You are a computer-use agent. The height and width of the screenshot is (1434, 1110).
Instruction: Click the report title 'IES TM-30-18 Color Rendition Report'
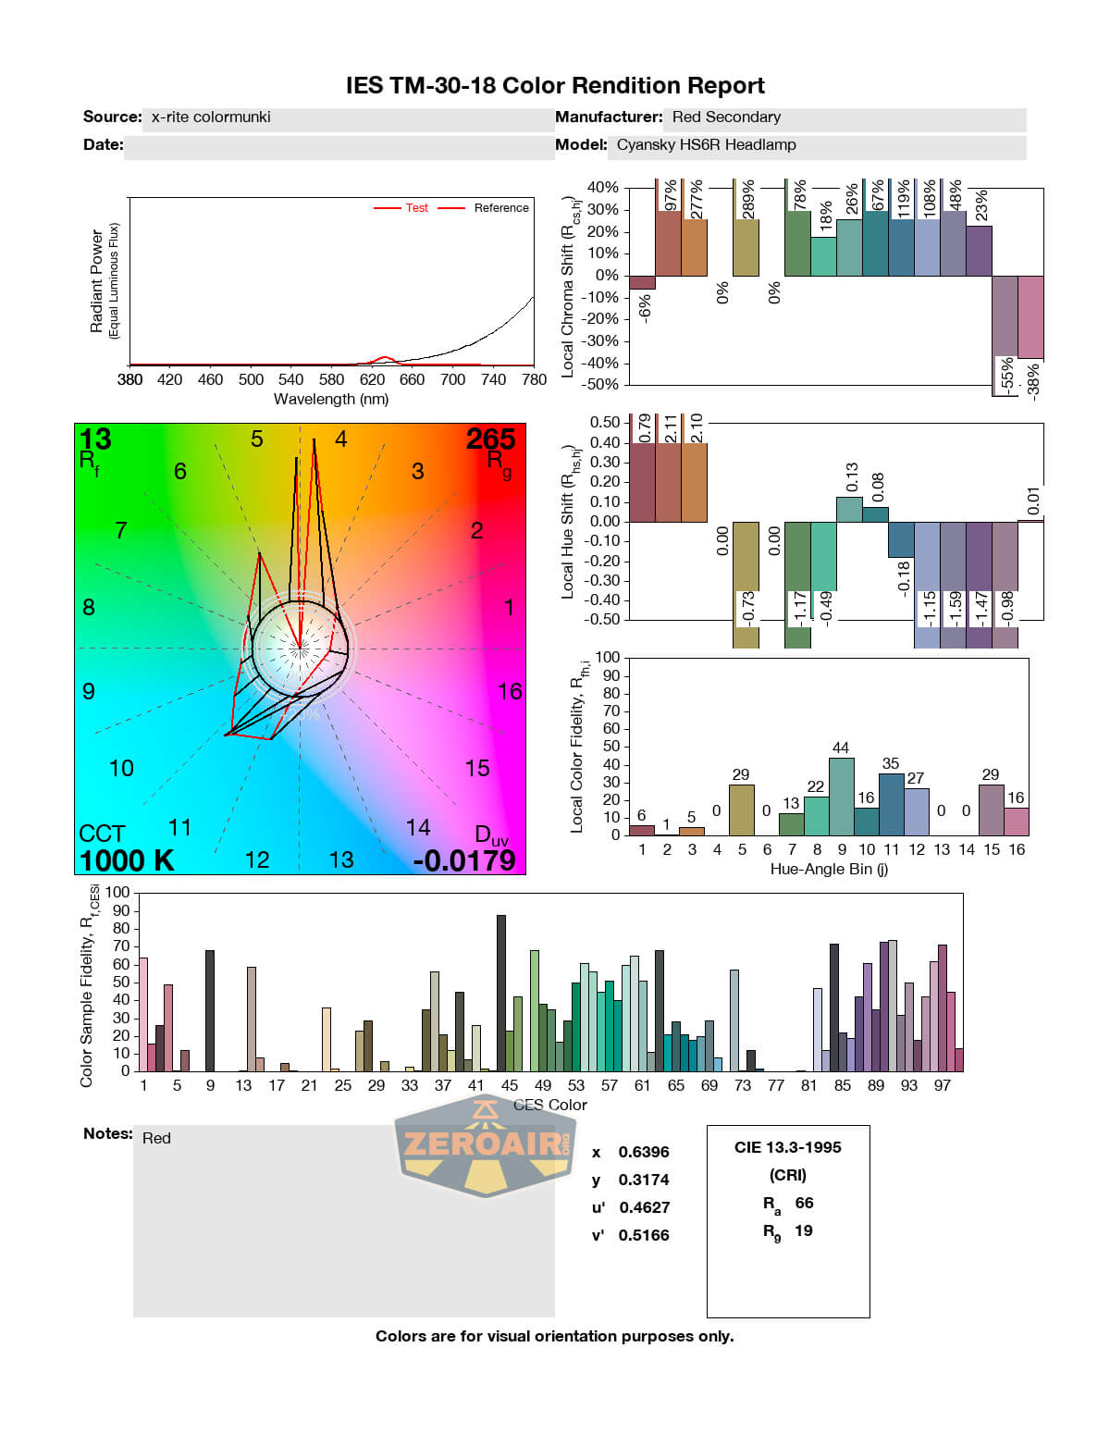555,86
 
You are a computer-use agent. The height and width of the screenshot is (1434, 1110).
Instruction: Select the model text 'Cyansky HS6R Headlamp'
706,145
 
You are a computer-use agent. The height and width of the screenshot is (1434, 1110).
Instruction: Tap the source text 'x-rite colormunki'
211,117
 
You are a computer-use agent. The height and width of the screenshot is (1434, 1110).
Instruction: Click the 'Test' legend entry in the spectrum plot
416,208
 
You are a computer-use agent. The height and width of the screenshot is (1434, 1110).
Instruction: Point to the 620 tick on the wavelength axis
372,379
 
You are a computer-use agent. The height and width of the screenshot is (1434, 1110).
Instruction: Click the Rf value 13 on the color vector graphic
95,439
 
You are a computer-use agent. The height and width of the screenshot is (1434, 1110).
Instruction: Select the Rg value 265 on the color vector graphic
490,439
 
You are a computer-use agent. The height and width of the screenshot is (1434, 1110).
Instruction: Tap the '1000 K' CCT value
127,860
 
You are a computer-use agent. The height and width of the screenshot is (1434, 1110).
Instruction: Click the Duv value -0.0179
464,860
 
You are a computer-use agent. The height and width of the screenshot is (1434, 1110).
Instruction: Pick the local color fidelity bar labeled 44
841,797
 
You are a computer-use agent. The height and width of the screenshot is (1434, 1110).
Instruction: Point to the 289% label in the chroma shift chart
748,199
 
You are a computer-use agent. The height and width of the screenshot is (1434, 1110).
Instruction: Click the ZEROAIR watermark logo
485,1145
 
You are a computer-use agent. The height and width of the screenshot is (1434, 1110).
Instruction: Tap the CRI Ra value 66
804,1203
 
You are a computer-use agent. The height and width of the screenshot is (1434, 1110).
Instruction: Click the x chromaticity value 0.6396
643,1152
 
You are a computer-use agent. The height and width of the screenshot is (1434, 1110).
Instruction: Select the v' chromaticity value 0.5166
643,1235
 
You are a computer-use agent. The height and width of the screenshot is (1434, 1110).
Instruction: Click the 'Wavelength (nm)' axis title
331,400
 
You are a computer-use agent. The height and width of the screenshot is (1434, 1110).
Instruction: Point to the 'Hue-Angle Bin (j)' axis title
829,870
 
